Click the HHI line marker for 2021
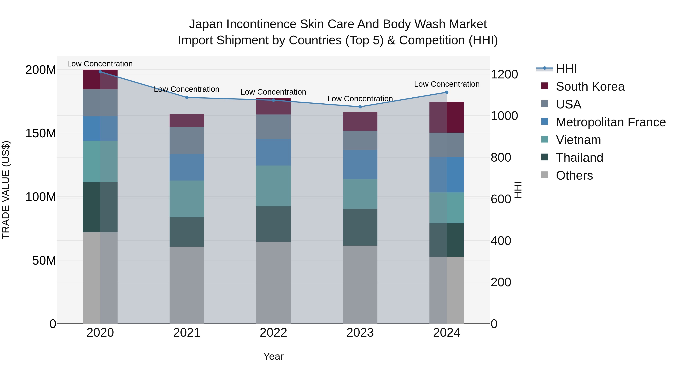[x=187, y=97]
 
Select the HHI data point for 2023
[x=360, y=107]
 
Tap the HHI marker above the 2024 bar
[x=447, y=92]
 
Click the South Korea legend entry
[x=590, y=87]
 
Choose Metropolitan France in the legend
[x=610, y=122]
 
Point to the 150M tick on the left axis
[x=41, y=133]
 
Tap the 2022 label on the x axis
[x=273, y=333]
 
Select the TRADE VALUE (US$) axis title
[x=6, y=190]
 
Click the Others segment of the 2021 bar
[x=187, y=285]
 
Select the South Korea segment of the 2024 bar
[x=447, y=117]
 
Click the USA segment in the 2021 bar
[x=187, y=141]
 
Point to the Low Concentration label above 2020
[x=100, y=64]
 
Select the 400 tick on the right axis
[x=501, y=241]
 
